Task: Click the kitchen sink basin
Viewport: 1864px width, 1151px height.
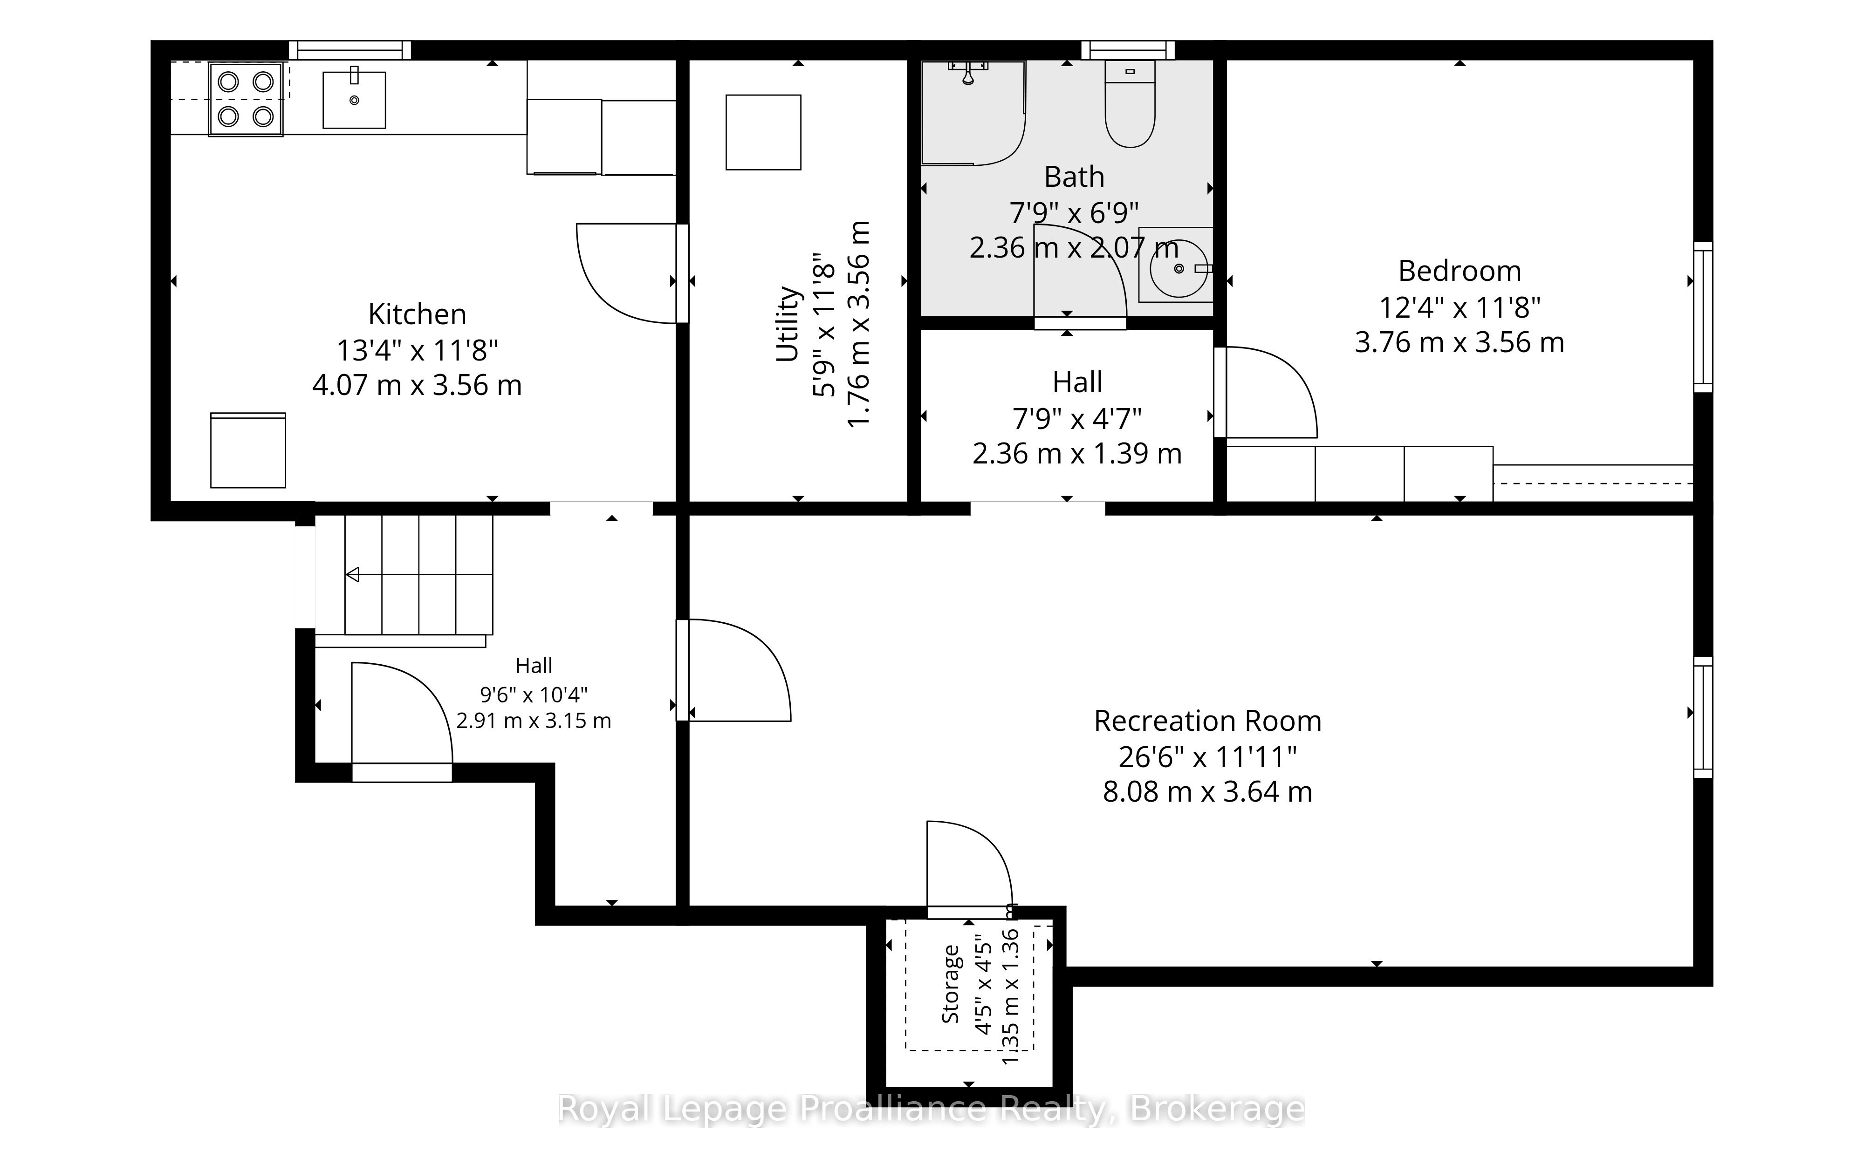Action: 354,100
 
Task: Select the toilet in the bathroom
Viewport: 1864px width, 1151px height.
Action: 1130,104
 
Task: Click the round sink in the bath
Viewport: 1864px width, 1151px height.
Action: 1178,268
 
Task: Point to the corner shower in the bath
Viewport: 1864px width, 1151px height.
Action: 973,113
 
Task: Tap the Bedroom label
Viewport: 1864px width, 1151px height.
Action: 1460,271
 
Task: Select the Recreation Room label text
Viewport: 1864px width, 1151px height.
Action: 1208,721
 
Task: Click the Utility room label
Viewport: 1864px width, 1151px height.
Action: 788,324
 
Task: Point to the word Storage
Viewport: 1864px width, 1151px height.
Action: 950,983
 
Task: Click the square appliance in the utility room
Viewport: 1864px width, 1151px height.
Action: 763,132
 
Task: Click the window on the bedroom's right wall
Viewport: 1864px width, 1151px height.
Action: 1703,317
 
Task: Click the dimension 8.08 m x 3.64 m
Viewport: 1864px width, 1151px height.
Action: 1208,792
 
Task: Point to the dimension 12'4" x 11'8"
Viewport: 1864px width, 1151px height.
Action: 1460,307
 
